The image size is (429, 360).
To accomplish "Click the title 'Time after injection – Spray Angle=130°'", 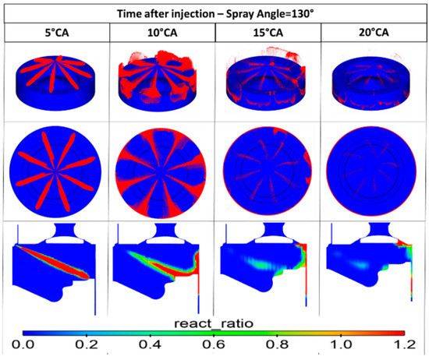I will click(x=214, y=12).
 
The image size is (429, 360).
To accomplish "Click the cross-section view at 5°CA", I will click(x=55, y=265).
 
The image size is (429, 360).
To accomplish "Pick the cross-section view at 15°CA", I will click(x=268, y=265).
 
